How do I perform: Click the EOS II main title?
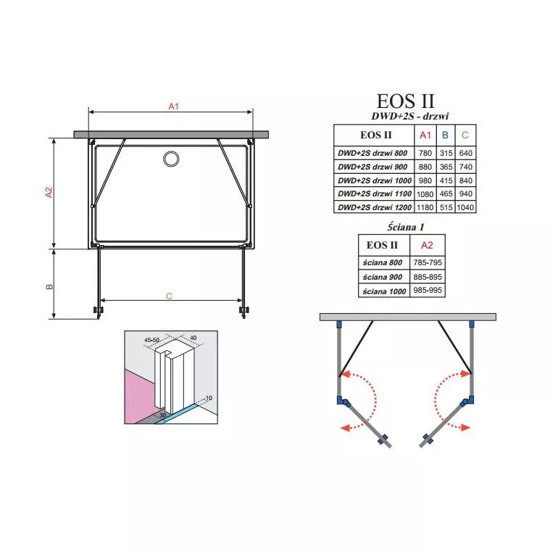click(x=405, y=101)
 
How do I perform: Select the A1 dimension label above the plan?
click(x=174, y=107)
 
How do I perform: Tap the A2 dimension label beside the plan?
click(x=49, y=192)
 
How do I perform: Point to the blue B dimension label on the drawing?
click(x=49, y=286)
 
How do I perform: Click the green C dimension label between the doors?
click(x=169, y=296)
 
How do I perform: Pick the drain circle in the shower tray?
click(x=171, y=159)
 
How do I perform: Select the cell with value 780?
click(x=425, y=153)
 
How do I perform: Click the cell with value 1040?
click(x=465, y=207)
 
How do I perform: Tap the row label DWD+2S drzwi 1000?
click(x=374, y=180)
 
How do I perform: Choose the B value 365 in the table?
click(x=446, y=167)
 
